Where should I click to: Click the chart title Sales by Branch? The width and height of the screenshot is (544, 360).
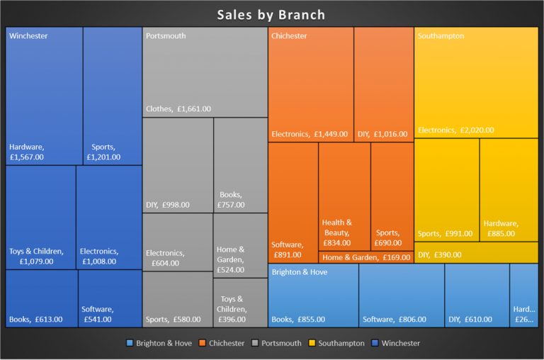coord(271,15)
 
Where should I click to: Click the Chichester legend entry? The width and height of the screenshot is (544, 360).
coord(225,343)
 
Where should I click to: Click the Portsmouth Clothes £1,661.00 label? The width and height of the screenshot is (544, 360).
coord(178,109)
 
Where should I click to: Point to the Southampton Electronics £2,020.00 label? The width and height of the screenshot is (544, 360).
coord(456,130)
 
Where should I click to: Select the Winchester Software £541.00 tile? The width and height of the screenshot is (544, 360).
coord(110,298)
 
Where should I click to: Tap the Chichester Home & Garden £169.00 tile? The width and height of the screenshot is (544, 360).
coord(365,257)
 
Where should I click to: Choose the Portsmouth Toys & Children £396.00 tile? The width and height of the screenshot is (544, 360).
coord(240,303)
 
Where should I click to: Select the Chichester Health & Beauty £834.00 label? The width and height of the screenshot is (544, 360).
coord(336,232)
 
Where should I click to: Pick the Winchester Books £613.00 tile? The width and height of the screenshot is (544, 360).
coord(41,298)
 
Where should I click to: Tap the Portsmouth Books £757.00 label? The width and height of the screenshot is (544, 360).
coord(231,200)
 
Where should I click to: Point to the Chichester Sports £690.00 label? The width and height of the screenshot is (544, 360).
coord(387,237)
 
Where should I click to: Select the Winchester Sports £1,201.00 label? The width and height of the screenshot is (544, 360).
coord(103,152)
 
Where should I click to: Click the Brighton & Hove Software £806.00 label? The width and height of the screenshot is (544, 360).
coord(395,320)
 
